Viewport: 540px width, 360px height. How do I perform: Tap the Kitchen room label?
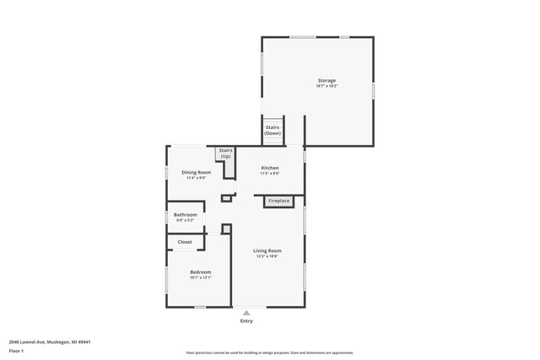[269, 168]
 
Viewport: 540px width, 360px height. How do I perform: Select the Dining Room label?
[197, 172]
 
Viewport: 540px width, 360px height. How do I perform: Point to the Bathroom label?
[185, 214]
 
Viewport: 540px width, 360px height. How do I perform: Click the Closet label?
[184, 242]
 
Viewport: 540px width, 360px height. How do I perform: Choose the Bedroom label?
[200, 271]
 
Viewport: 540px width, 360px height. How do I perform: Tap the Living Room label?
[267, 250]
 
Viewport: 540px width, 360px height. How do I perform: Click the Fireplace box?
[278, 201]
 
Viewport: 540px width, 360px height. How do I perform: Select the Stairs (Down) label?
[273, 131]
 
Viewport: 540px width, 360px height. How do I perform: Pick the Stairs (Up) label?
[225, 153]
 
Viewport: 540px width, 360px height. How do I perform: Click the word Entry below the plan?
[246, 320]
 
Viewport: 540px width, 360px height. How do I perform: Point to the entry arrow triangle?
[246, 312]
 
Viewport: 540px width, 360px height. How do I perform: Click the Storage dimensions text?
[327, 87]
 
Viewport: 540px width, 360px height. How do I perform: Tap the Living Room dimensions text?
[267, 255]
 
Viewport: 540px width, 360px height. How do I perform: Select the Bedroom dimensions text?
[200, 277]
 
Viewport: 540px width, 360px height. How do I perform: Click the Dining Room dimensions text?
[197, 177]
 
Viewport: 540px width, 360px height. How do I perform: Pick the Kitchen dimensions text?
[269, 173]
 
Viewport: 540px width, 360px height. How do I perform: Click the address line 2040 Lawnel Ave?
[49, 342]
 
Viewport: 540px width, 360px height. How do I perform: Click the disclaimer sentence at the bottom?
[269, 352]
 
